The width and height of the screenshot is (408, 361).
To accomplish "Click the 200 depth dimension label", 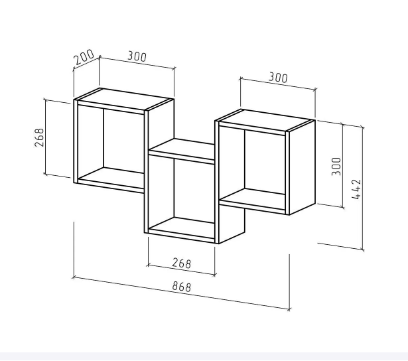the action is point(84,57).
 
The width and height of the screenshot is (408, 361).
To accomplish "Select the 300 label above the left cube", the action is point(137,56).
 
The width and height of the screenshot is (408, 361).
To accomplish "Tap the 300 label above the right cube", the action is point(278,78).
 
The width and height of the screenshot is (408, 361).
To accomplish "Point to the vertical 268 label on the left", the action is point(39,137).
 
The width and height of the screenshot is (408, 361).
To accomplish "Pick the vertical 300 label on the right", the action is point(336,167).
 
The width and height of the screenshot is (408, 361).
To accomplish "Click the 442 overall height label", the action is point(356,189).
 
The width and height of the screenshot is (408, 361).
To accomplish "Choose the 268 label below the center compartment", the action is point(182,263).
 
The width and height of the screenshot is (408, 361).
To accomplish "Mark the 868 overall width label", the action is point(182,286).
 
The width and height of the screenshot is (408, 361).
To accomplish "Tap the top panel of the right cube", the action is point(265,120).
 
